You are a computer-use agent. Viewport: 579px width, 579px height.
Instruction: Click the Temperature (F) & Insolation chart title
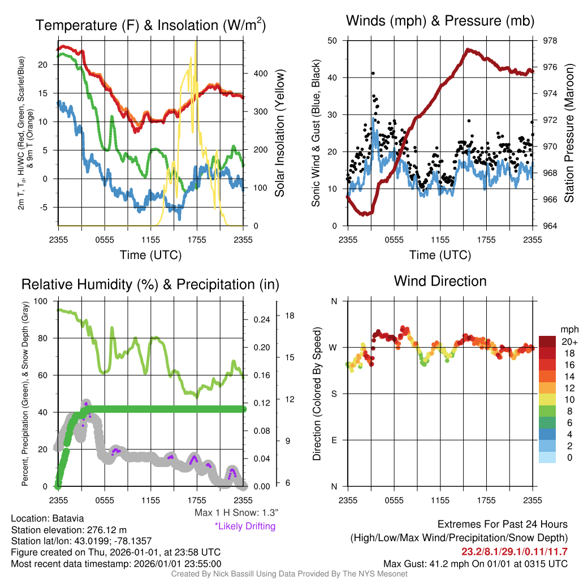pyautogui.click(x=150, y=25)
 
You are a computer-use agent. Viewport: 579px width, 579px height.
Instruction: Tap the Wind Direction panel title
pyautogui.click(x=440, y=281)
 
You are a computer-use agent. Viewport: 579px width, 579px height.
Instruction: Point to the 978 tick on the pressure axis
pyautogui.click(x=550, y=41)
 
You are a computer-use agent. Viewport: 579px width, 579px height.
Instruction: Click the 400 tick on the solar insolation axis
pyautogui.click(x=260, y=74)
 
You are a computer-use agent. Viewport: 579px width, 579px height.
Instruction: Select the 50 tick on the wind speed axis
pyautogui.click(x=332, y=41)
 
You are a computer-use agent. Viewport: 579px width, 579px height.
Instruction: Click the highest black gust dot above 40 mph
pyautogui.click(x=373, y=74)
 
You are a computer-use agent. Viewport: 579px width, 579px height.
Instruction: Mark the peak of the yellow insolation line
pyautogui.click(x=195, y=42)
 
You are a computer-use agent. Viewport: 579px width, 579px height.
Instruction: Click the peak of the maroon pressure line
pyautogui.click(x=468, y=50)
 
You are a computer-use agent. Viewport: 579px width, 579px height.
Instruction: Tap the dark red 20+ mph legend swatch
pyautogui.click(x=547, y=342)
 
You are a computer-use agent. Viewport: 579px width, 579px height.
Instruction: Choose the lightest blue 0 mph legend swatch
pyautogui.click(x=547, y=457)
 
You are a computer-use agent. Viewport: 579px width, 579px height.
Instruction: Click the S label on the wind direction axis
pyautogui.click(x=334, y=394)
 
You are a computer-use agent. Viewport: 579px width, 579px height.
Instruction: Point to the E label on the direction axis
pyautogui.click(x=334, y=440)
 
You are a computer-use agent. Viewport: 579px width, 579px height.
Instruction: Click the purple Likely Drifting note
pyautogui.click(x=245, y=526)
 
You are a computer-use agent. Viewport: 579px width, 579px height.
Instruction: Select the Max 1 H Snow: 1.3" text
pyautogui.click(x=236, y=512)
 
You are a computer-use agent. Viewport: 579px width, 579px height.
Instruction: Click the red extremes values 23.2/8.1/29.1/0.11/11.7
pyautogui.click(x=515, y=552)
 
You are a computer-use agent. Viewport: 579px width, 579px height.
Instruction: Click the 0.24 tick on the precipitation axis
pyautogui.click(x=261, y=319)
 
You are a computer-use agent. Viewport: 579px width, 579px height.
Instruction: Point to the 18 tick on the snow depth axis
pyautogui.click(x=289, y=316)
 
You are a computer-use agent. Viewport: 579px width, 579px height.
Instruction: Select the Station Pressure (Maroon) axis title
pyautogui.click(x=569, y=133)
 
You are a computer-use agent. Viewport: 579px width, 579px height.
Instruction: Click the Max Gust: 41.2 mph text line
pyautogui.click(x=475, y=564)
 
